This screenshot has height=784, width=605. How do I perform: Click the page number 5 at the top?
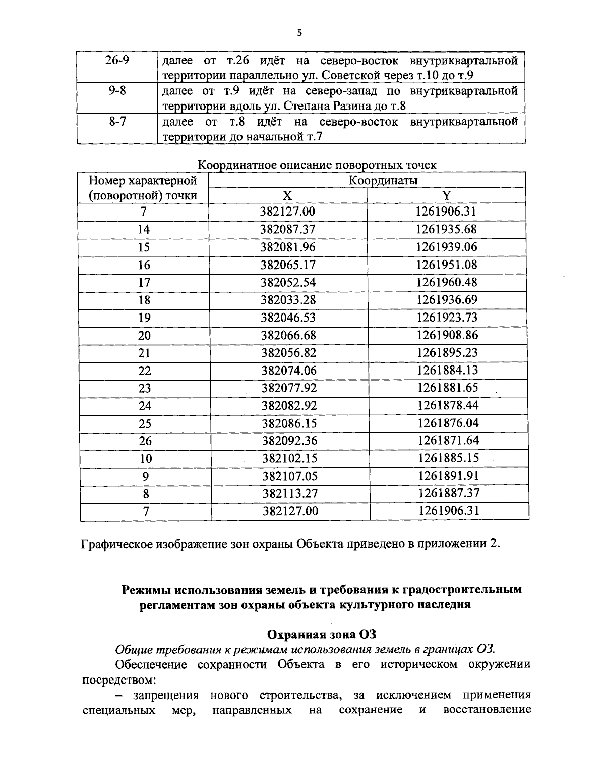[300, 33]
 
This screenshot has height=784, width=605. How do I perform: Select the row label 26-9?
[117, 61]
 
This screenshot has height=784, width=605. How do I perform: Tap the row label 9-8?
[117, 91]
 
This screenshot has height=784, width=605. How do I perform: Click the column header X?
[287, 196]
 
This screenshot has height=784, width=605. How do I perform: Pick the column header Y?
[446, 196]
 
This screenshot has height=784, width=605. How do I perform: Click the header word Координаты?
[383, 180]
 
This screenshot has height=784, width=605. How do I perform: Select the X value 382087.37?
[287, 229]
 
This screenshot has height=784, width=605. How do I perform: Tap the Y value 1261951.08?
[446, 265]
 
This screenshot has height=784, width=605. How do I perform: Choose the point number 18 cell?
[144, 300]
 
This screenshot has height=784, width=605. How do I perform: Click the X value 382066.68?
[288, 335]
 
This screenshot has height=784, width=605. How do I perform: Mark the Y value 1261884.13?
[447, 370]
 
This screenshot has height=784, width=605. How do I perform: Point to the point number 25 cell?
[145, 423]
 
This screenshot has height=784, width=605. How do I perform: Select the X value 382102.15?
[289, 458]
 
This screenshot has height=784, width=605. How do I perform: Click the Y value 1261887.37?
[448, 493]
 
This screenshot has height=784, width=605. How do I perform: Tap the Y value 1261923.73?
[447, 318]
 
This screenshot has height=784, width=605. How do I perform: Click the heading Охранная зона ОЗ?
[321, 634]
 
